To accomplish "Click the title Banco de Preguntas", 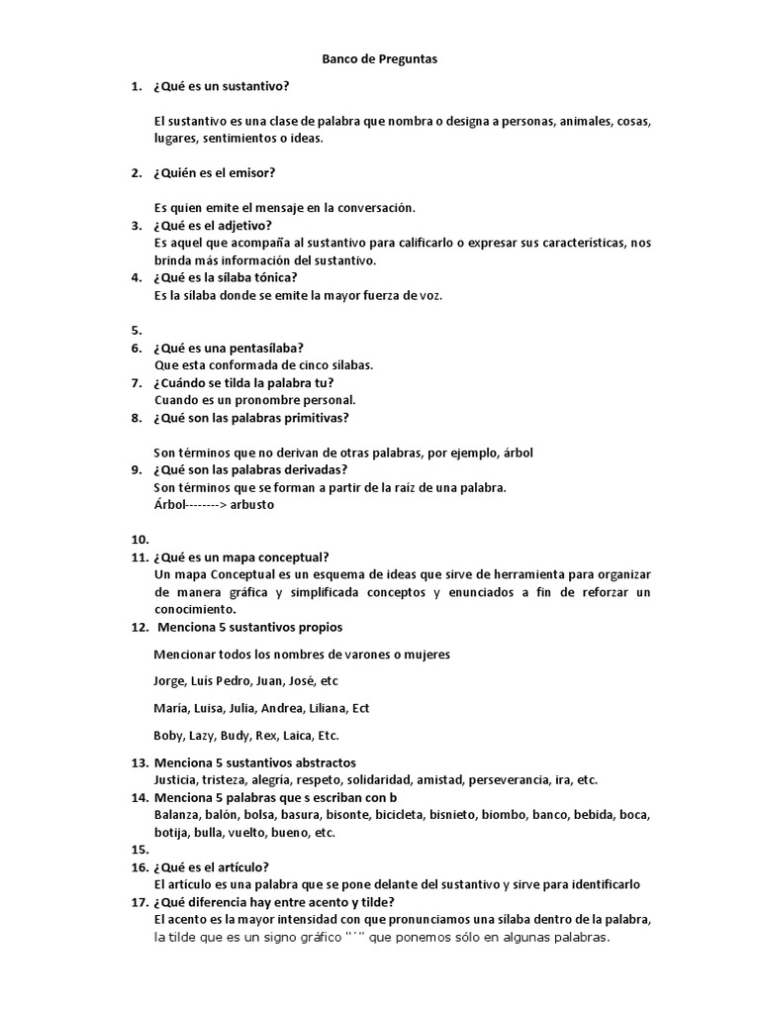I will point(380,59).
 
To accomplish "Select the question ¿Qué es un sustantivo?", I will point(221,87).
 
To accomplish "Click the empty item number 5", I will point(137,331).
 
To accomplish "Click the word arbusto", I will point(251,504).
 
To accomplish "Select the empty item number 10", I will point(139,540).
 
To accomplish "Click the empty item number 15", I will point(139,850).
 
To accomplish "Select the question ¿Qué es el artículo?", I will point(219,866).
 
